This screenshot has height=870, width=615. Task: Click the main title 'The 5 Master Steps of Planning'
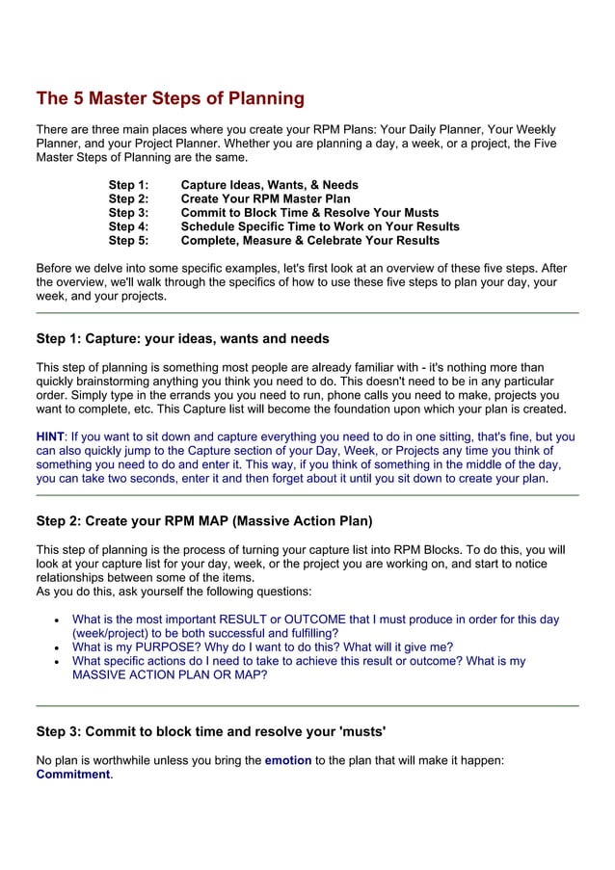(170, 98)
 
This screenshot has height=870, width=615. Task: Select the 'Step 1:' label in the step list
(128, 185)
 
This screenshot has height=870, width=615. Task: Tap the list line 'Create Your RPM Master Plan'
(265, 198)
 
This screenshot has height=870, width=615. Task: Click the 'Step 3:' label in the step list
(128, 213)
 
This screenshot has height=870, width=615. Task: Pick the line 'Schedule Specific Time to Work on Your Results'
(320, 226)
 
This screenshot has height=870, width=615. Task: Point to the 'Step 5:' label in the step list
(128, 241)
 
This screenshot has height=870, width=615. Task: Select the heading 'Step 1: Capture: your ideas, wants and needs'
(182, 339)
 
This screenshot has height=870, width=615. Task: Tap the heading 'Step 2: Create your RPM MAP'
(203, 522)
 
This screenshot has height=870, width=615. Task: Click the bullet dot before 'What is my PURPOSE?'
(60, 648)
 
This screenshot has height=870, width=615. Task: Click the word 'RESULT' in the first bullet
(244, 620)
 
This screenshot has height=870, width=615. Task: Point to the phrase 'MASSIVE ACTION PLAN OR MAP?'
(170, 675)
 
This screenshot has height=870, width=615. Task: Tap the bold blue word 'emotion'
(287, 760)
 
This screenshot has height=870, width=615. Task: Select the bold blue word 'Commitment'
(72, 775)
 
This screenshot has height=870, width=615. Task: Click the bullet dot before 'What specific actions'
(60, 663)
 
